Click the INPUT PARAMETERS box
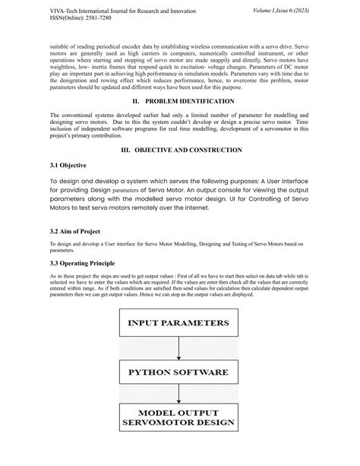click(x=179, y=322)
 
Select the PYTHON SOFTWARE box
click(x=179, y=372)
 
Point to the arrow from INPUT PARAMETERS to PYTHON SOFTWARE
click(x=179, y=347)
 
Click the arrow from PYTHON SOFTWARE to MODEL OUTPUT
click(x=179, y=396)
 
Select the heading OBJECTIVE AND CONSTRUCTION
click(x=190, y=150)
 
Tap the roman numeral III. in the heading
click(x=122, y=150)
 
